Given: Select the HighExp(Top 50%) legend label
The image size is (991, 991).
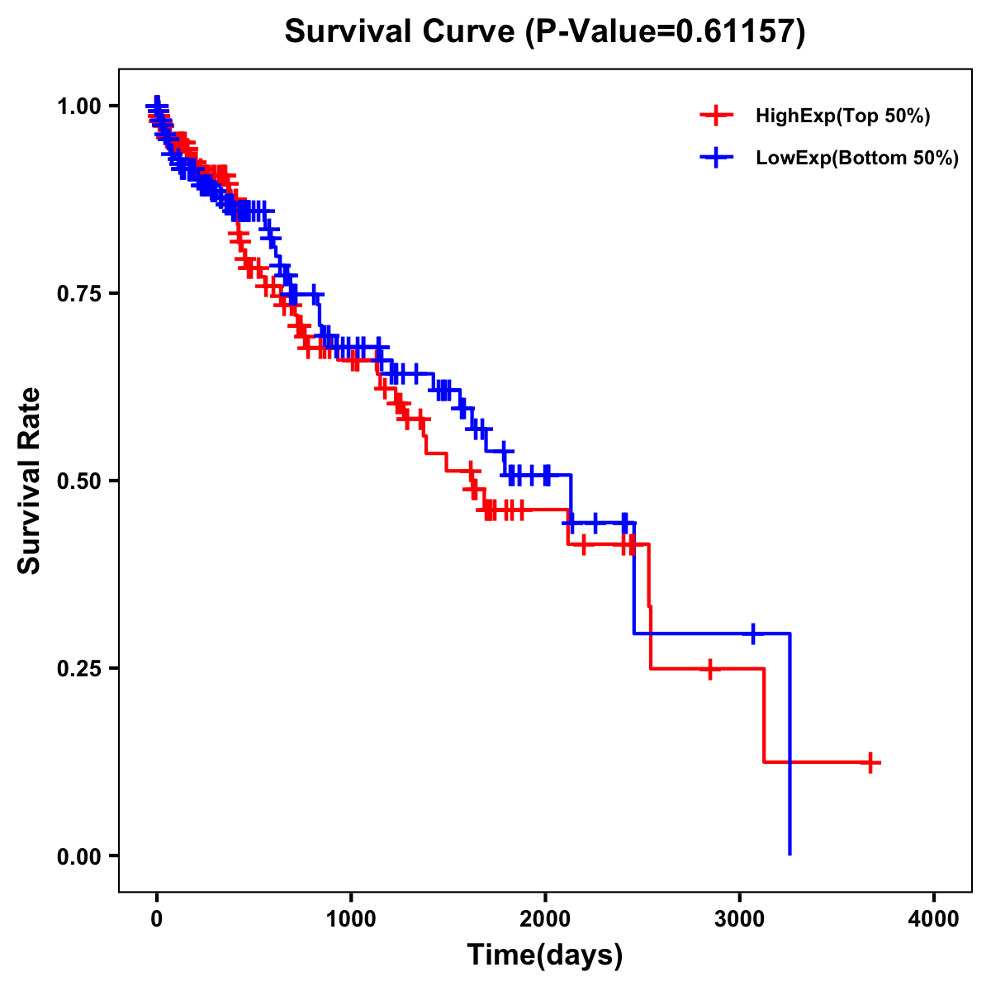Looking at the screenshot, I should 843,116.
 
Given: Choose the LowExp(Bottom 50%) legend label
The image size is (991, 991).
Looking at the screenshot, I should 857,159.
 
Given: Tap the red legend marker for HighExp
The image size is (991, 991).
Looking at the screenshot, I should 716,116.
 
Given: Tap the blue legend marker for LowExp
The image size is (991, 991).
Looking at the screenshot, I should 716,158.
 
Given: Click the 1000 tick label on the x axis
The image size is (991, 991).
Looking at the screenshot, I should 351,919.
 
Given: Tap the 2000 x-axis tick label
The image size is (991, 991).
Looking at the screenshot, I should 545,919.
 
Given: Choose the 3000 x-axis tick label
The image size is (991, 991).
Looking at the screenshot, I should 740,919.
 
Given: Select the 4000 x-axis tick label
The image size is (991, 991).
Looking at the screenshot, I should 934,919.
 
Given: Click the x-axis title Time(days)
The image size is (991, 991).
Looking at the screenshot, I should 545,955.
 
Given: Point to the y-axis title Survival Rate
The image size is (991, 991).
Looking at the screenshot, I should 30,481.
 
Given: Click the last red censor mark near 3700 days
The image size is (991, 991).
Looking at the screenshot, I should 870,762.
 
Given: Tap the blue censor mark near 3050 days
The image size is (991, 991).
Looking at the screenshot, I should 752,634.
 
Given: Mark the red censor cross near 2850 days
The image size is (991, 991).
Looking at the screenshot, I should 709,669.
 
